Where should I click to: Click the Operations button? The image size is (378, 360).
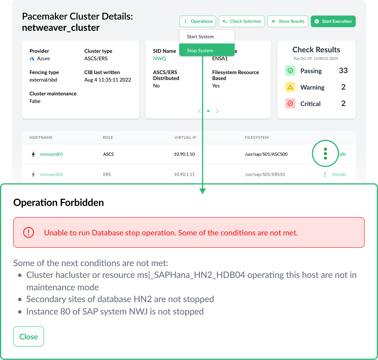[x=198, y=21]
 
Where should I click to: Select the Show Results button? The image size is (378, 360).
[x=288, y=21]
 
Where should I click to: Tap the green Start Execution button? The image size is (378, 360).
[x=333, y=21]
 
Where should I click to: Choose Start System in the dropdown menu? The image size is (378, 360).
[x=200, y=37]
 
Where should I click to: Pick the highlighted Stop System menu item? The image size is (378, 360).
[x=200, y=51]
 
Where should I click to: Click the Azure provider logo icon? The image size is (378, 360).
[x=32, y=59]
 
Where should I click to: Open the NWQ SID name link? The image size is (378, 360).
[x=159, y=58]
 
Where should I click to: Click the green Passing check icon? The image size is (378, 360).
[x=290, y=71]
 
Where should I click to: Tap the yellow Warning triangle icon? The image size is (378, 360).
[x=290, y=87]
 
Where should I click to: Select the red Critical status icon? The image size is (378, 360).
[x=290, y=103]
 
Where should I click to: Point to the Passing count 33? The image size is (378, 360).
[x=343, y=71]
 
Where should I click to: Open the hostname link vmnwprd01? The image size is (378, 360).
[x=51, y=154]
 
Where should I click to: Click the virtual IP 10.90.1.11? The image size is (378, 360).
[x=184, y=175]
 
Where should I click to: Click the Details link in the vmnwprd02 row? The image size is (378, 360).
[x=339, y=175]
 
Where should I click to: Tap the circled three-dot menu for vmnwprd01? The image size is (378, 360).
[x=325, y=154]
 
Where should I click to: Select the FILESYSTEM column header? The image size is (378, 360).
[x=257, y=138]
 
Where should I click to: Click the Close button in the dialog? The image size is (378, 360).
[x=29, y=336]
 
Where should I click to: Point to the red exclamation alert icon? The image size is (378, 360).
[x=29, y=232]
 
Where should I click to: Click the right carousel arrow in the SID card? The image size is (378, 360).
[x=217, y=111]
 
